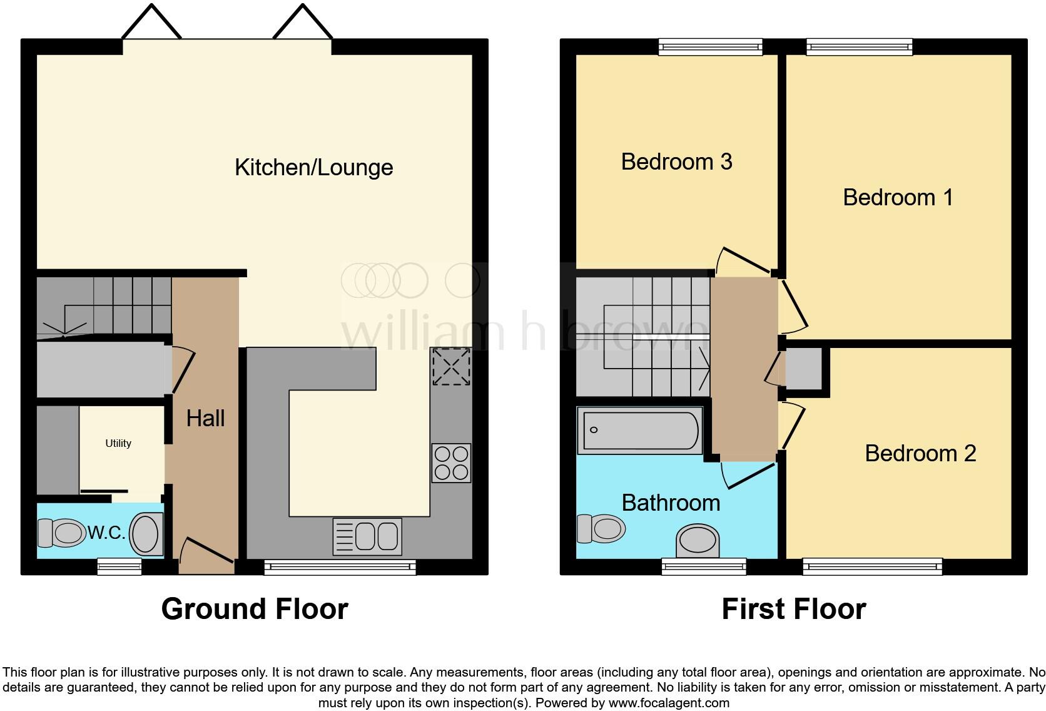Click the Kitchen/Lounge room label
[313, 168]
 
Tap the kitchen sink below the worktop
[367, 536]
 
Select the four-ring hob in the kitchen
[451, 463]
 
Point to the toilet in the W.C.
[61, 533]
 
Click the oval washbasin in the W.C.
[146, 534]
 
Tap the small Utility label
[118, 443]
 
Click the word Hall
[205, 418]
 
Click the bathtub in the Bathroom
[640, 430]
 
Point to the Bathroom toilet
[601, 528]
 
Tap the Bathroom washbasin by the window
[697, 541]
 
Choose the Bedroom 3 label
[676, 161]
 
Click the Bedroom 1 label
[898, 197]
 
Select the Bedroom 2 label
[920, 453]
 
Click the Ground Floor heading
[255, 609]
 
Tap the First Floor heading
[793, 609]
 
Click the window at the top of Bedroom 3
[711, 46]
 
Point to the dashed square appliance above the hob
[451, 367]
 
